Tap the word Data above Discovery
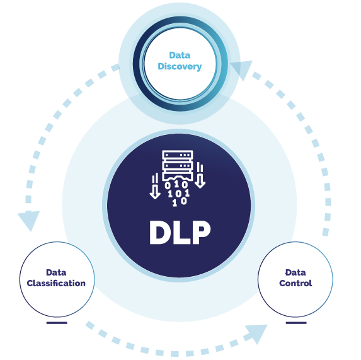tap(180, 55)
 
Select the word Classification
tap(56, 283)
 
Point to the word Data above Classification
tap(56, 272)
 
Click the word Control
tap(295, 283)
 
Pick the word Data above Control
tap(295, 272)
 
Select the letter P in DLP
tap(200, 233)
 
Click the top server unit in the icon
tap(178, 155)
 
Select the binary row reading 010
tap(176, 185)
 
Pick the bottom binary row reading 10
tap(179, 202)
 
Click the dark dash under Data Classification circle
tap(56, 323)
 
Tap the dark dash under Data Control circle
tap(295, 323)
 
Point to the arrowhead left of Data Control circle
tap(256, 332)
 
